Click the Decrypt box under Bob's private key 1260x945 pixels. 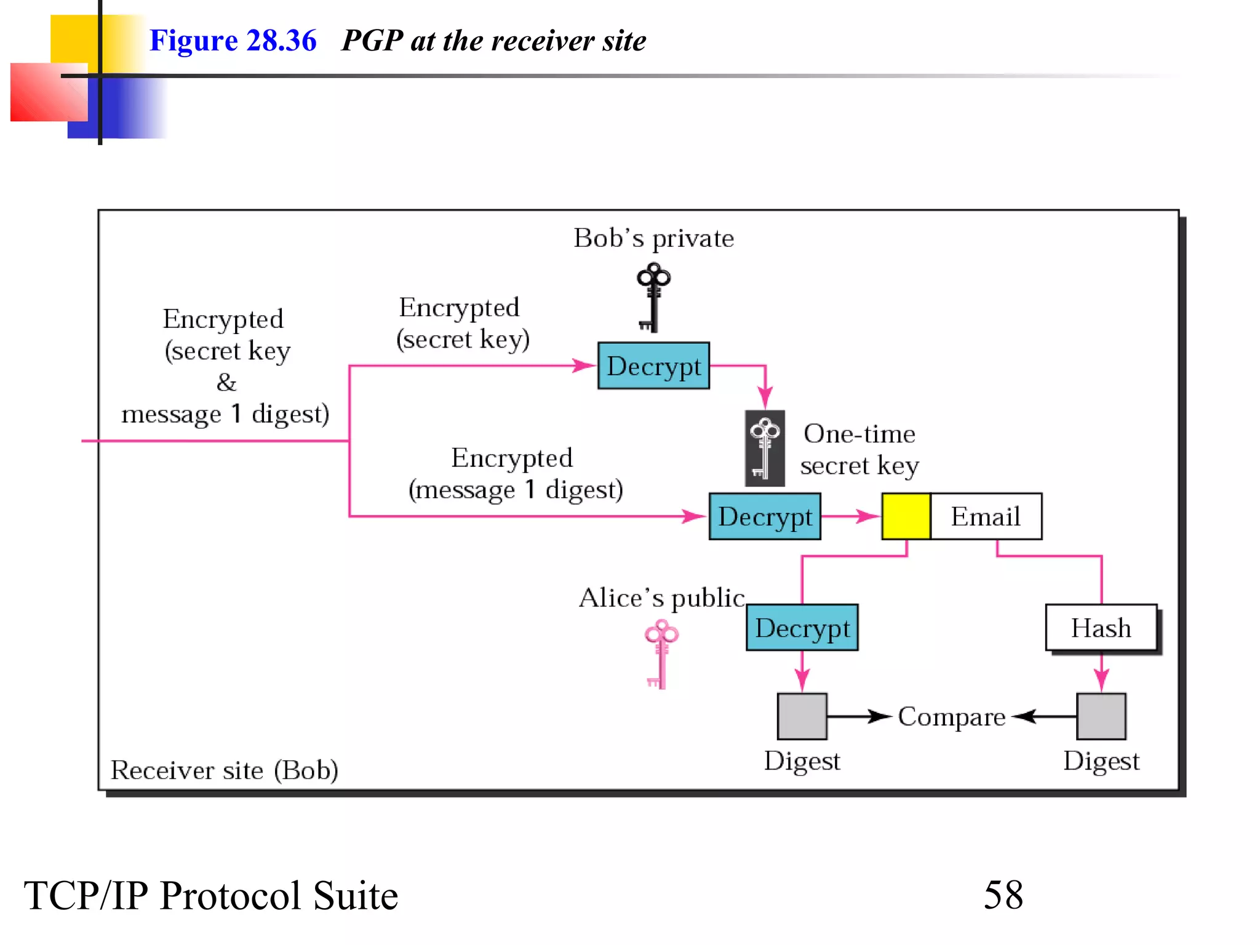click(x=653, y=366)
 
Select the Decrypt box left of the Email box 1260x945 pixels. click(x=765, y=517)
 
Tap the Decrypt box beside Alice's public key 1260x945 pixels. click(x=802, y=628)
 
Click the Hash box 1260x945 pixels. click(x=1101, y=628)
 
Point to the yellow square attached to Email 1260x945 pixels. click(x=906, y=517)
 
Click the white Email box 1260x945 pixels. click(x=986, y=517)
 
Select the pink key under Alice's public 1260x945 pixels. click(x=661, y=654)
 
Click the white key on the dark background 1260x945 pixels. click(x=765, y=449)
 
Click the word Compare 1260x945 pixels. click(x=952, y=717)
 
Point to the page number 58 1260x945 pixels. click(x=1003, y=895)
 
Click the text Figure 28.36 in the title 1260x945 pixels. click(x=233, y=41)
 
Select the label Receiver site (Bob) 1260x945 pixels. click(x=225, y=770)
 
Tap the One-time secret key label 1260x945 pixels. click(x=859, y=450)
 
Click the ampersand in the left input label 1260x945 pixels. click(x=226, y=383)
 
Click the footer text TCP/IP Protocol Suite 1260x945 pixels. click(x=211, y=895)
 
